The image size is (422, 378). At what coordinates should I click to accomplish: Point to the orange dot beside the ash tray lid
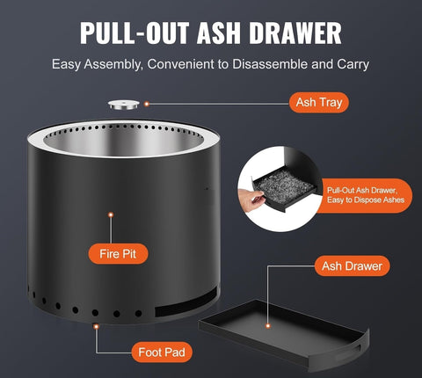click(x=147, y=103)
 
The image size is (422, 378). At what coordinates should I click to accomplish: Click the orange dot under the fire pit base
click(x=97, y=326)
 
